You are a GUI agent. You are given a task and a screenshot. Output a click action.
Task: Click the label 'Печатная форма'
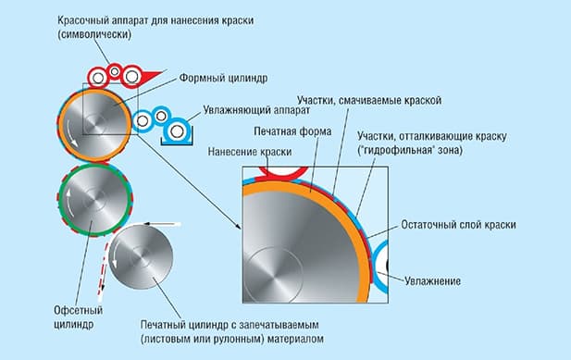(x=287, y=130)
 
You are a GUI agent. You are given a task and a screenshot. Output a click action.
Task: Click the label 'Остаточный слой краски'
(x=456, y=225)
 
